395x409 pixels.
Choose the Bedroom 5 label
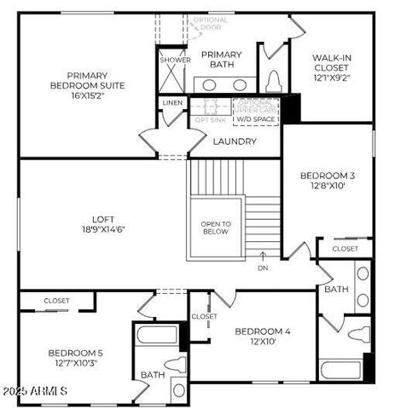pos(75,359)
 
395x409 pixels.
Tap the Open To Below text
pos(216,228)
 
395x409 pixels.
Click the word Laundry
pos(235,141)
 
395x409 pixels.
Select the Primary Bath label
pos(221,60)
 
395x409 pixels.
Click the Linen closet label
pos(171,103)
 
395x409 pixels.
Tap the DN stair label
pos(263,268)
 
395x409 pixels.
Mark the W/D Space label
pos(256,119)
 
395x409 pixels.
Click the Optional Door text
pos(211,23)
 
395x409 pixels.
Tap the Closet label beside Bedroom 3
pos(346,249)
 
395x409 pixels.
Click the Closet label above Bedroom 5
pos(56,301)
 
